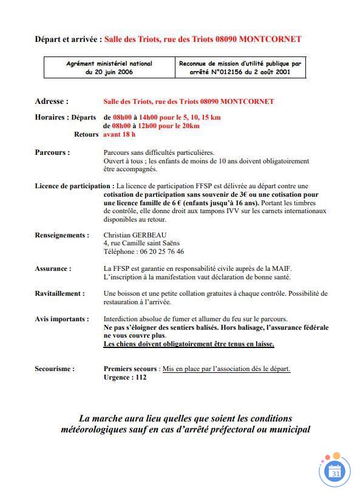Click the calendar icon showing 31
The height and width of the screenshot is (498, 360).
pyautogui.click(x=335, y=471)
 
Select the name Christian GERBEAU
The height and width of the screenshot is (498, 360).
pyautogui.click(x=135, y=235)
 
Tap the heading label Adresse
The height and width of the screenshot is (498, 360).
pyautogui.click(x=52, y=101)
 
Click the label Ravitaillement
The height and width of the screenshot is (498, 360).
pyautogui.click(x=59, y=293)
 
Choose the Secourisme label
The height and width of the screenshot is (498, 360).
pyautogui.click(x=55, y=369)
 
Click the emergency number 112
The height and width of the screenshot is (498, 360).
pyautogui.click(x=140, y=377)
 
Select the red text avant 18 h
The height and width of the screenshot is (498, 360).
pyautogui.click(x=120, y=134)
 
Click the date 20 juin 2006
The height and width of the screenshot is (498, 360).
pyautogui.click(x=109, y=72)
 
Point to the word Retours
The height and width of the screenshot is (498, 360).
pyautogui.click(x=86, y=134)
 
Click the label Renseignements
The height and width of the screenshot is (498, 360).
pyautogui.click(x=61, y=235)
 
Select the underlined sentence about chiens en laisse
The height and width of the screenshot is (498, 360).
pyautogui.click(x=189, y=344)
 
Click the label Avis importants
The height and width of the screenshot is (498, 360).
pyautogui.click(x=61, y=319)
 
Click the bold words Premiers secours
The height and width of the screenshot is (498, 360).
pyautogui.click(x=131, y=369)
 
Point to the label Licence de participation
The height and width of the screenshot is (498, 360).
pyautogui.click(x=74, y=186)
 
